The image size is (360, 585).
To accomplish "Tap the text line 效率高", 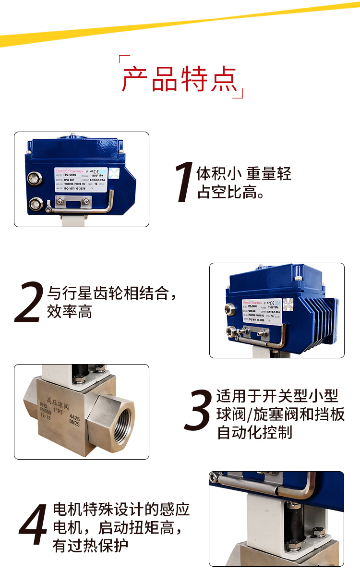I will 69,313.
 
